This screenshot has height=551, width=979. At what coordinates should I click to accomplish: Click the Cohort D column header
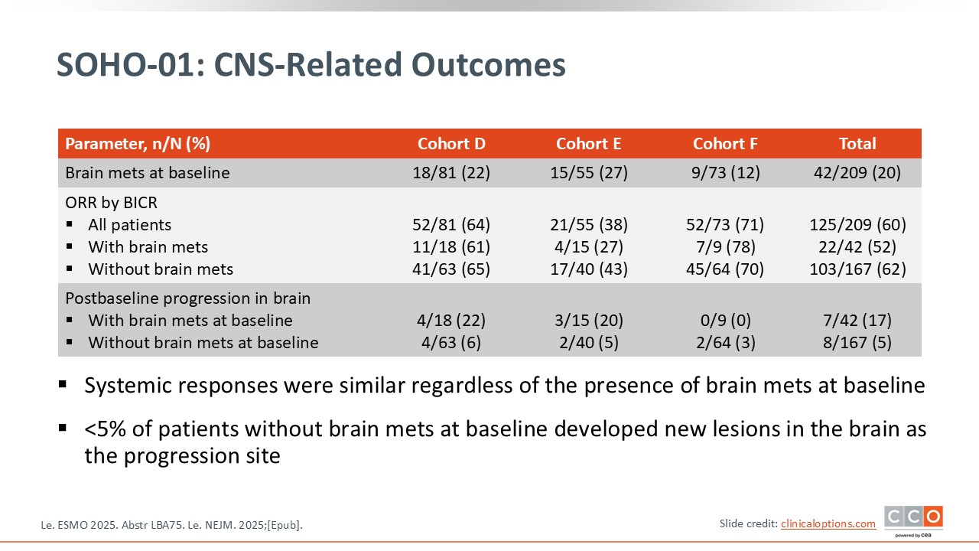(451, 143)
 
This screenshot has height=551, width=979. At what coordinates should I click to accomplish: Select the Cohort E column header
(588, 143)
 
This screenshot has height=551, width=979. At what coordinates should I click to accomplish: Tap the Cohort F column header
(725, 143)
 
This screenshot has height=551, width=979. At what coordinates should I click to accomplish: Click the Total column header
(857, 143)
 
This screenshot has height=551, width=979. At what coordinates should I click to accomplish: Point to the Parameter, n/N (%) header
(138, 143)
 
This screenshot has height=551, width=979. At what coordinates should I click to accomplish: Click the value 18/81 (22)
(451, 173)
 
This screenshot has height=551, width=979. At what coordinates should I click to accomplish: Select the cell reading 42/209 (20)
(857, 173)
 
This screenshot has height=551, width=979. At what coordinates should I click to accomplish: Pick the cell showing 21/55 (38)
(588, 225)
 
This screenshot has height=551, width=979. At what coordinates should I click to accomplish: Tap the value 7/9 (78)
(726, 247)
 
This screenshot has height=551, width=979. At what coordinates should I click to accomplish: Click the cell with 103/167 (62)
(857, 269)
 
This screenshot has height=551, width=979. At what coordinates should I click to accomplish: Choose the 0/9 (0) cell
(726, 321)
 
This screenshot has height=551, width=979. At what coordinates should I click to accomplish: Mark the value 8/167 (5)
(857, 342)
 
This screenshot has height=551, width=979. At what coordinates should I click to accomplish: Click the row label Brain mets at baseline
(148, 173)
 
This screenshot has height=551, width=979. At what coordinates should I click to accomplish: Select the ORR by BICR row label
(111, 203)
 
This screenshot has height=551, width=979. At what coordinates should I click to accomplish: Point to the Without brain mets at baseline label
(203, 342)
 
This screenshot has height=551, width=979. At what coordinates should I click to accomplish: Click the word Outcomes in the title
(488, 65)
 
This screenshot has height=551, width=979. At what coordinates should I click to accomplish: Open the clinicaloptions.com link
(828, 523)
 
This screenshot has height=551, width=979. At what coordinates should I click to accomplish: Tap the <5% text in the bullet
(105, 429)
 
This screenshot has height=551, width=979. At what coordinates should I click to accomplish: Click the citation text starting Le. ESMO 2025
(171, 525)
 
